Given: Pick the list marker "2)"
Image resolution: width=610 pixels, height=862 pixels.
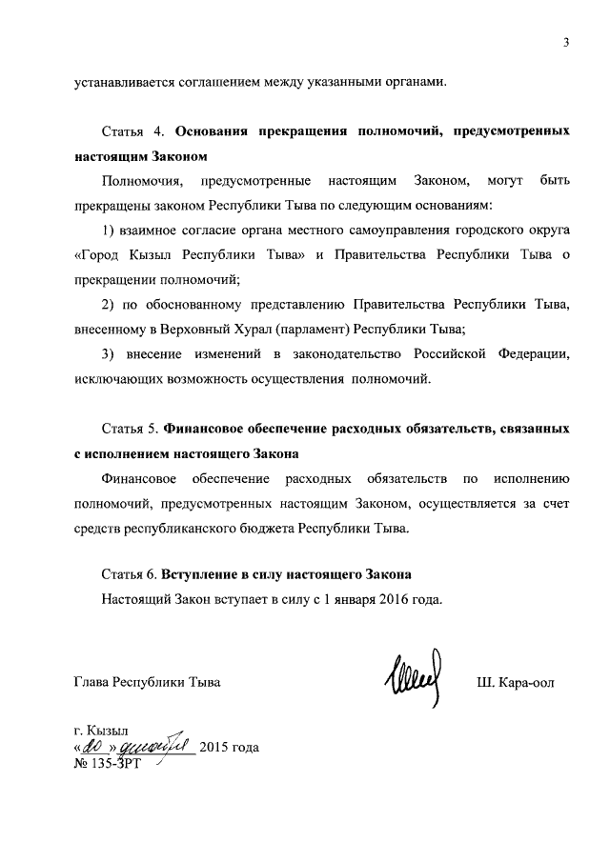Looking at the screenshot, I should tap(108, 304).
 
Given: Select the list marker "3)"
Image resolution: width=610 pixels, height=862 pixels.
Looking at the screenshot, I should tap(108, 355).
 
